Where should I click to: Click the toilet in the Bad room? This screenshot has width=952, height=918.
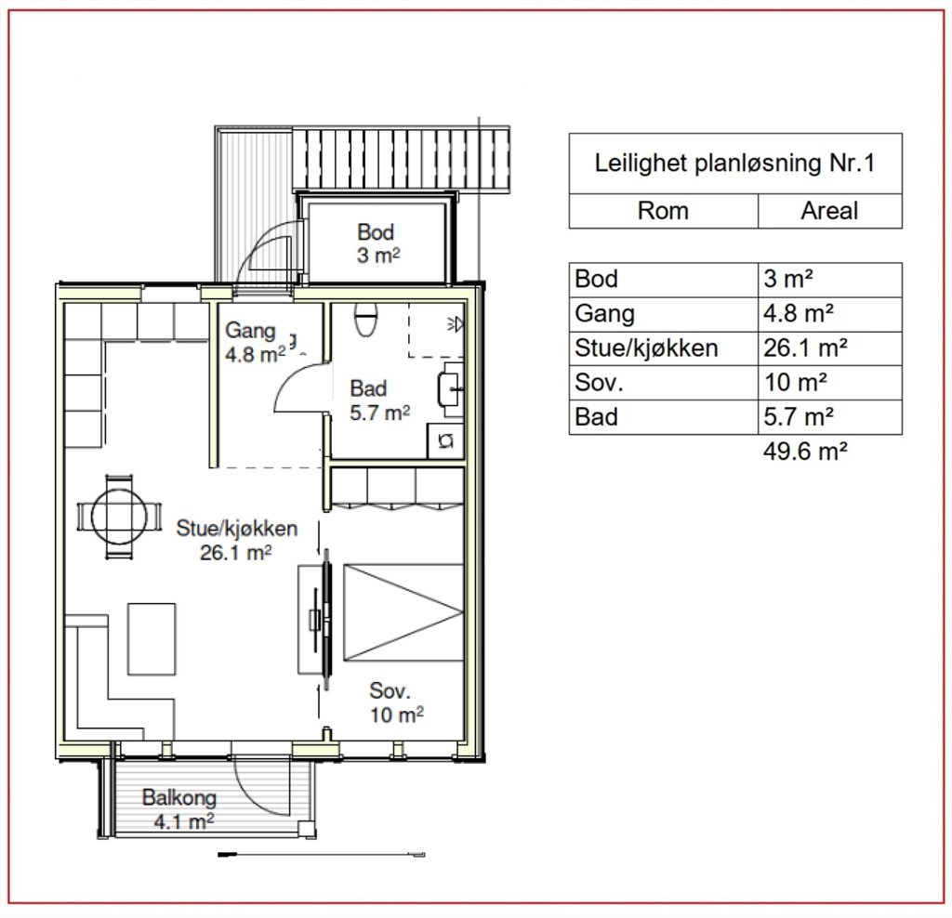pos(365,319)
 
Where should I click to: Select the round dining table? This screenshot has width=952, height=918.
pos(119,517)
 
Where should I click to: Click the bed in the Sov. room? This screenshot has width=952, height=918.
pos(403,612)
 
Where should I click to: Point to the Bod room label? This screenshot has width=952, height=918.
pos(377,243)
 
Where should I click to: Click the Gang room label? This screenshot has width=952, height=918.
pos(255,342)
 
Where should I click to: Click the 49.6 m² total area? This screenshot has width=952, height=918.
pos(805,452)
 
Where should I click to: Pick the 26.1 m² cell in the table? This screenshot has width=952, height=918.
pos(805,348)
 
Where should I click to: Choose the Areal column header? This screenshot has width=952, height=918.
pos(829,211)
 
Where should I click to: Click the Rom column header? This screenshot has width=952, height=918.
pos(663,211)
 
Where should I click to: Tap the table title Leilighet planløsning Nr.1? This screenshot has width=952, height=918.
pos(734,164)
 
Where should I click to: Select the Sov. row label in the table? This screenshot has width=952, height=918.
pos(599,383)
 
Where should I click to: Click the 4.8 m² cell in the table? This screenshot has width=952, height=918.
pos(798,314)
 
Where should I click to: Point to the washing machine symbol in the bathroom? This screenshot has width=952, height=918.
pos(446,440)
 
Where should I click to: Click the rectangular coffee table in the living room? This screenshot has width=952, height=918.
pos(152,639)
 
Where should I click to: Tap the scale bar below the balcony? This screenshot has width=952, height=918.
pos(321,855)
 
